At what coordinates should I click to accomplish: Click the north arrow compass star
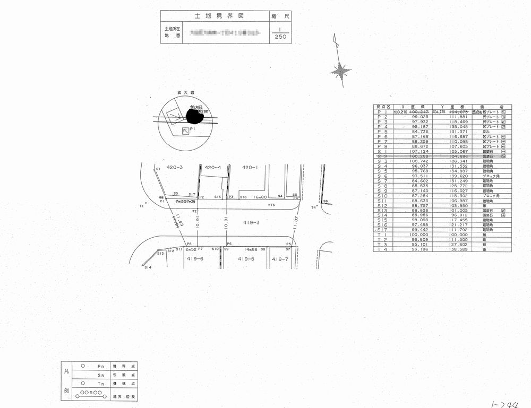pyautogui.click(x=340, y=69)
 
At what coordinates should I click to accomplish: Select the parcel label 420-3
pyautogui.click(x=175, y=168)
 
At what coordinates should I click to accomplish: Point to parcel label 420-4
pyautogui.click(x=212, y=168)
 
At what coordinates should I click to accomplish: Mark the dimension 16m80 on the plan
pyautogui.click(x=260, y=197)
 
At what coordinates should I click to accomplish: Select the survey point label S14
pyautogui.click(x=148, y=267)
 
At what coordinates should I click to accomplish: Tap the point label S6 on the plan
pyautogui.click(x=326, y=201)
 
